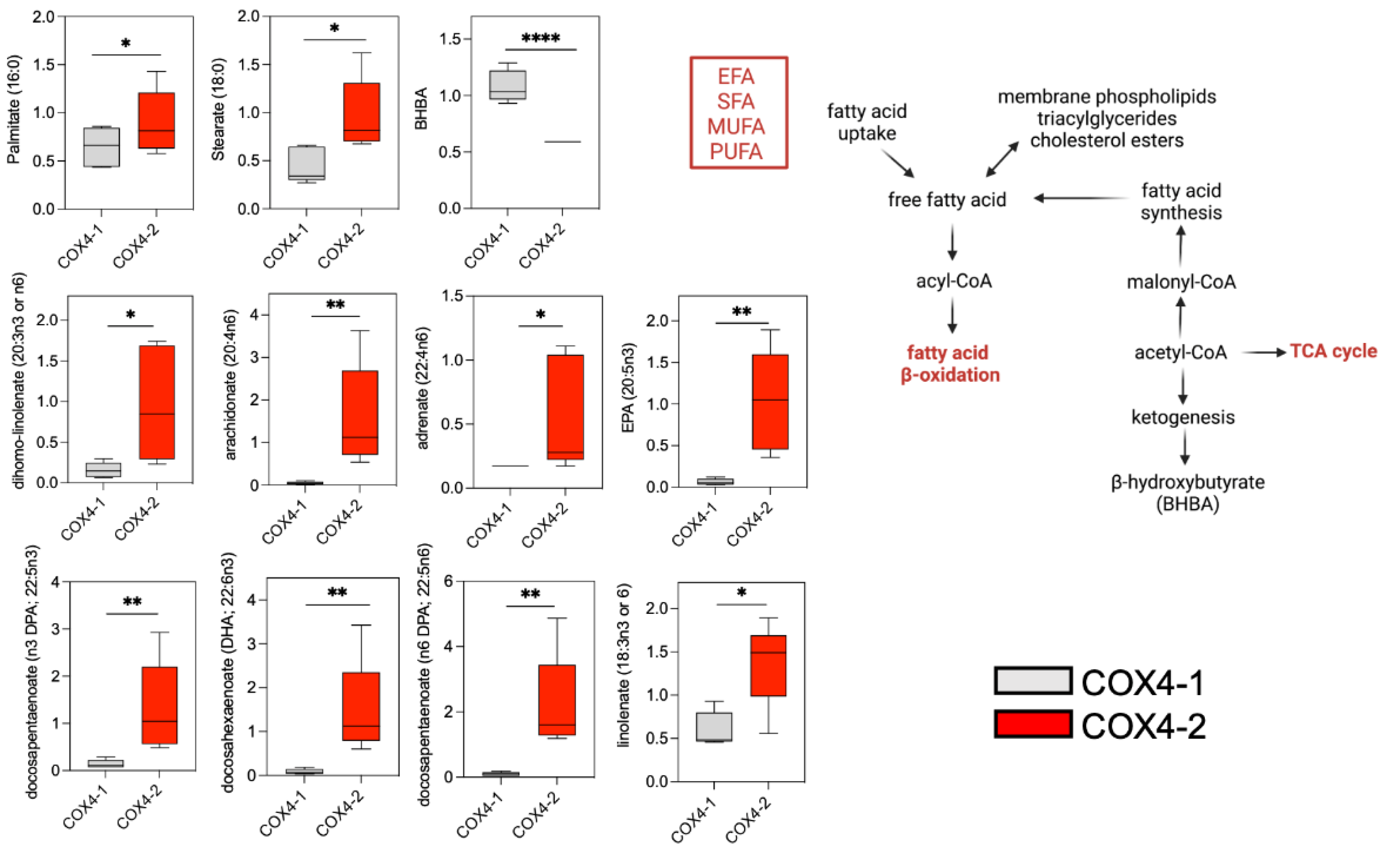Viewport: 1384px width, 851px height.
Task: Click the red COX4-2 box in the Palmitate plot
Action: (x=156, y=121)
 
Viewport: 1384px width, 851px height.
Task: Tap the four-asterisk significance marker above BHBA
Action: (x=540, y=38)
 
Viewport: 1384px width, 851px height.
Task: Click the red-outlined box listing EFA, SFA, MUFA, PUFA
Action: (x=738, y=113)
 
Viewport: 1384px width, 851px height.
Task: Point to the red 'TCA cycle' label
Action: (x=1333, y=351)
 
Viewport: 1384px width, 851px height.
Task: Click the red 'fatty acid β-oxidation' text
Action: (x=949, y=363)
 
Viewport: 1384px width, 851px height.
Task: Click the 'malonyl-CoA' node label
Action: (x=1181, y=282)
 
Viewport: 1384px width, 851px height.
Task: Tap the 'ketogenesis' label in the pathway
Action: (x=1183, y=417)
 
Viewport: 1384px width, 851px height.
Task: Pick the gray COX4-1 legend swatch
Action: (x=1032, y=681)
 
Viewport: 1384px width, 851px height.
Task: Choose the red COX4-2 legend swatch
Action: (x=1032, y=724)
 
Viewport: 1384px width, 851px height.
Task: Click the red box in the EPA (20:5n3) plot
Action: (x=770, y=401)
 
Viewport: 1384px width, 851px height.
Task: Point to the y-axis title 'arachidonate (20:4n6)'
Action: (x=231, y=384)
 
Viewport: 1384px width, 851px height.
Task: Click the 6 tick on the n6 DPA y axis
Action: (x=449, y=581)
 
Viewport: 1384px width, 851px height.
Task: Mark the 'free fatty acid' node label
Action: (x=947, y=200)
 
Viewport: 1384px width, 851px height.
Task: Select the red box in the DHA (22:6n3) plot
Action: (x=361, y=706)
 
